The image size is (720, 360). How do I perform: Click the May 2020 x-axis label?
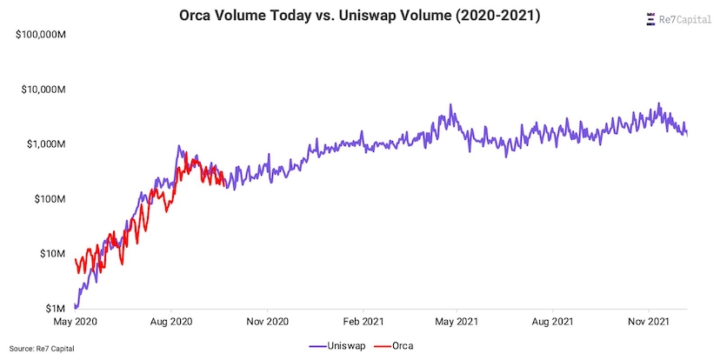[x=74, y=321]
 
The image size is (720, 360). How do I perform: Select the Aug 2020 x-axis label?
[x=171, y=321]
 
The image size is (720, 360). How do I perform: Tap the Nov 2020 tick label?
[x=266, y=321]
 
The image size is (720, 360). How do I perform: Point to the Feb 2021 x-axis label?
[x=363, y=321]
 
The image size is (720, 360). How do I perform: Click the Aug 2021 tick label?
[x=554, y=321]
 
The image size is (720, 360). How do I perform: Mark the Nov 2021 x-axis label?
[x=650, y=321]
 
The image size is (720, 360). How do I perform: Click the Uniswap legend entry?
[x=334, y=345]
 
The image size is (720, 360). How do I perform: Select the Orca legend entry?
[x=396, y=345]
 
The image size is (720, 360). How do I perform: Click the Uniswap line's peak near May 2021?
[x=450, y=105]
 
